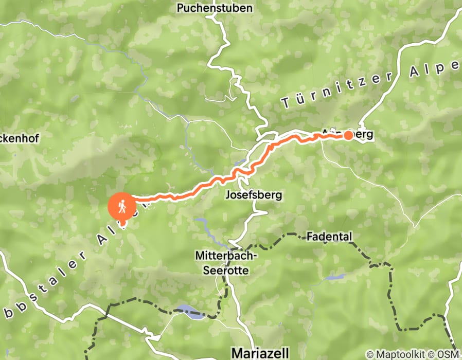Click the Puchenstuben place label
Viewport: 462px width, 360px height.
(215, 8)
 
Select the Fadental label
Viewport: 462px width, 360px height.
(329, 237)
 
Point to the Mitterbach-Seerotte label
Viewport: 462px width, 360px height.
(222, 262)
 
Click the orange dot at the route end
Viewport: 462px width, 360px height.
(348, 135)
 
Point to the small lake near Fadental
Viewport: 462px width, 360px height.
(335, 277)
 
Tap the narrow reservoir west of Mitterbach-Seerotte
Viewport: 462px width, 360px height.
(206, 226)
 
